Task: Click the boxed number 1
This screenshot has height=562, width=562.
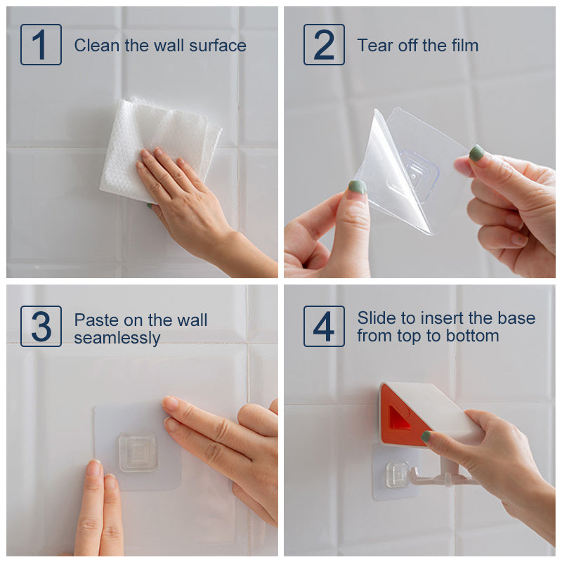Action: coord(41,44)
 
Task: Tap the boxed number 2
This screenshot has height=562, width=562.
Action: coord(324,44)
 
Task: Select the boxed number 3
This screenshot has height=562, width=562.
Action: coord(41,326)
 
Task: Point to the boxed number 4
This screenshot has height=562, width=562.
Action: coord(324,326)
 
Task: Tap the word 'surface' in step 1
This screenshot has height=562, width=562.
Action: coord(218,46)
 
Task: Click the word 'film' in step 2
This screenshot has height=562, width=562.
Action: coord(465,46)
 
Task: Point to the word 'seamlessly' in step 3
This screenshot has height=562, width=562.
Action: coord(117,338)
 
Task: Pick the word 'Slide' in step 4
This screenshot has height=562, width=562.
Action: coord(377,318)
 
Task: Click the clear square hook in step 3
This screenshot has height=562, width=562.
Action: coord(138,452)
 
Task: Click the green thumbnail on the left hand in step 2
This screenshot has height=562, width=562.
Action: coord(357,187)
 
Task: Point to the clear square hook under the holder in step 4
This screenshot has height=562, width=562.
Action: coord(397,475)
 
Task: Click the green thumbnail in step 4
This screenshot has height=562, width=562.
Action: coord(426,436)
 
